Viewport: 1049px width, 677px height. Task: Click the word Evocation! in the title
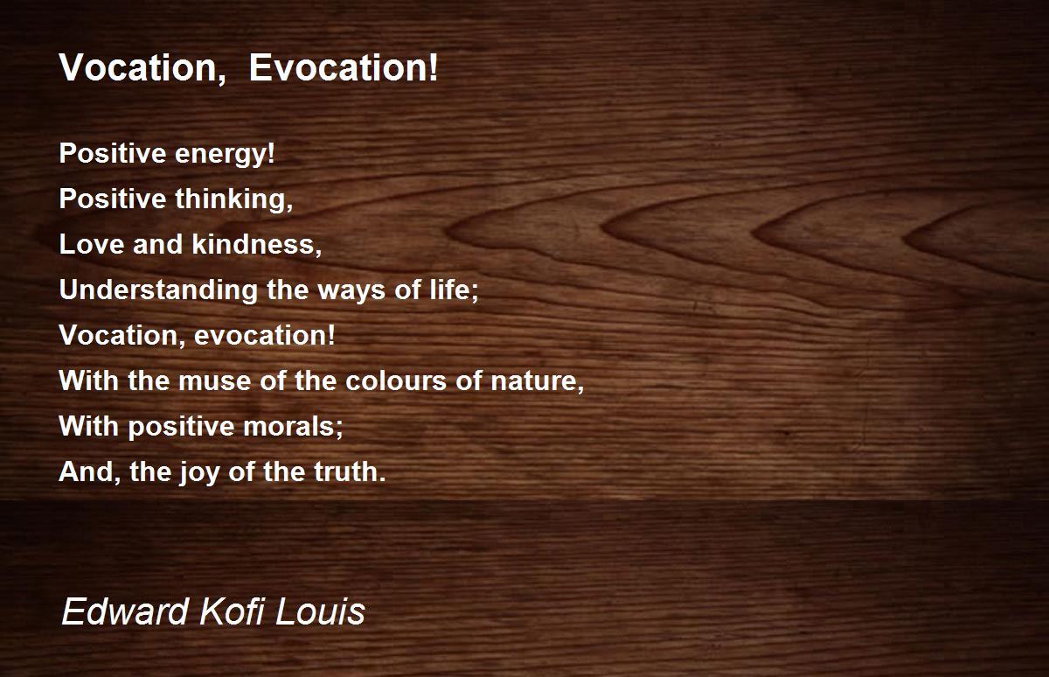pyautogui.click(x=344, y=67)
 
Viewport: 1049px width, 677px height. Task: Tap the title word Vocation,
pyautogui.click(x=142, y=69)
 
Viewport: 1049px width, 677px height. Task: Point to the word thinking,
pyautogui.click(x=234, y=199)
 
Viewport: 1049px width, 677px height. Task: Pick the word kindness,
pyautogui.click(x=257, y=244)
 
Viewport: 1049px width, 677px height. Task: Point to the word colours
pyautogui.click(x=396, y=380)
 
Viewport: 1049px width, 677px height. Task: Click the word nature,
pyautogui.click(x=537, y=381)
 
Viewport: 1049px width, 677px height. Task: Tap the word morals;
pyautogui.click(x=293, y=426)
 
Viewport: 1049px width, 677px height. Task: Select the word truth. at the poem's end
pyautogui.click(x=350, y=471)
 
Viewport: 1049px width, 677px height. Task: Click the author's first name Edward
pyautogui.click(x=125, y=611)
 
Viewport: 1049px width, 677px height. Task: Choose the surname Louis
pyautogui.click(x=320, y=611)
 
